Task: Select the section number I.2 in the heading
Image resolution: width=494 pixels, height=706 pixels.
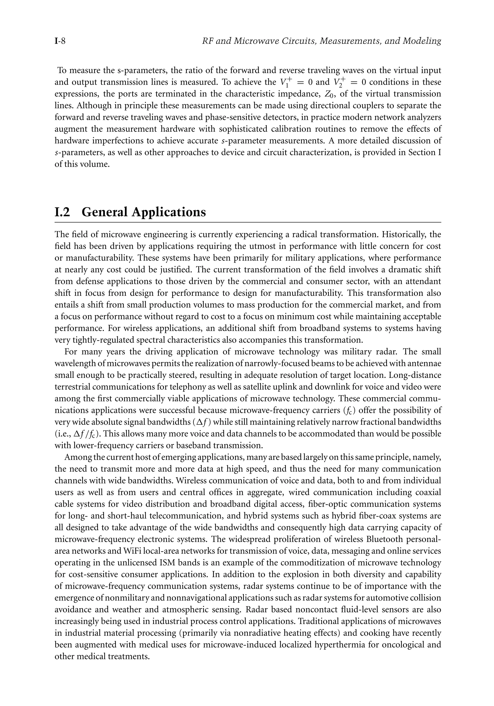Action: tap(62, 212)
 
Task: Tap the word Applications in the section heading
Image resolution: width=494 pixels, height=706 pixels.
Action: tap(169, 212)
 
